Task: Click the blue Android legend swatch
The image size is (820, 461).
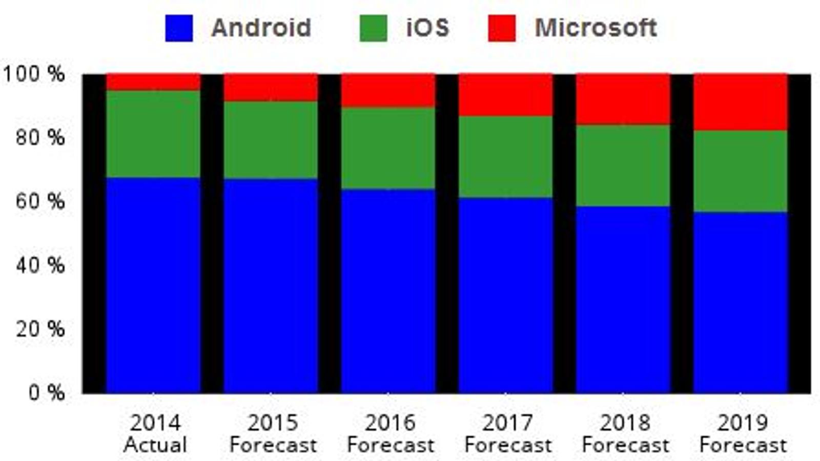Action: coord(179,28)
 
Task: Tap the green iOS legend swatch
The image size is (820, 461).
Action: coord(374,28)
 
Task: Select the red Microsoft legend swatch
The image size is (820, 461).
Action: coord(502,28)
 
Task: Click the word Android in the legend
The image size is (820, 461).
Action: coord(261,28)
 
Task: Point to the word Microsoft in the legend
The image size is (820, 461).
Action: coord(596,28)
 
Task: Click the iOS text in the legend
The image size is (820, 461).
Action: coord(427,28)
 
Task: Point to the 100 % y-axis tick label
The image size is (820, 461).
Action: coord(34,74)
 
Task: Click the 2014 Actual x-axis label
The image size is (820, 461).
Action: coord(155,434)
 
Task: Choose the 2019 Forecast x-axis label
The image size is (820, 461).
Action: coord(743,434)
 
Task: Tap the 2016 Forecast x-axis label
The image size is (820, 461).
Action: coord(390,434)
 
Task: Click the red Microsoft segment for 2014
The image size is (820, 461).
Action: coord(153,82)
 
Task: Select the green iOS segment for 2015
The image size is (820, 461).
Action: coord(271,140)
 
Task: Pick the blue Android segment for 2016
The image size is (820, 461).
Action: coord(388,291)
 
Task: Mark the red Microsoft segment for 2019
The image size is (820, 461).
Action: coord(741,102)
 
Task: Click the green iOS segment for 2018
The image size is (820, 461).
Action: coord(623,166)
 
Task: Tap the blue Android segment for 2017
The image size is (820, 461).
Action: coord(505,296)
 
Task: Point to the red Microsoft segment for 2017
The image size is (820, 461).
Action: coord(505,95)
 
